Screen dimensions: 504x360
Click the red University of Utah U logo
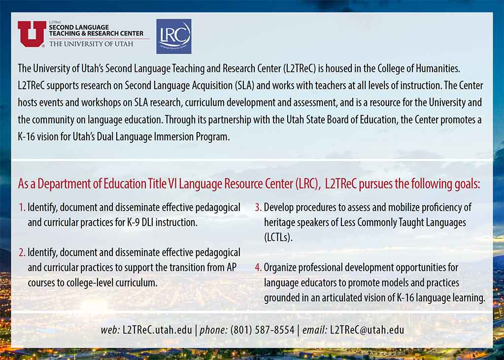32,34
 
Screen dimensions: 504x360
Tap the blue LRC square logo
173,36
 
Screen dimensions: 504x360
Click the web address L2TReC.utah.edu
158,330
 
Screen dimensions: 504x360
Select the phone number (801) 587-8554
262,330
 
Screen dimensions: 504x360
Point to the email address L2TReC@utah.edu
367,330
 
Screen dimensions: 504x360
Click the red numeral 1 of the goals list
22,208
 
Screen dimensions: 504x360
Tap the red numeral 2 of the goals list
22,253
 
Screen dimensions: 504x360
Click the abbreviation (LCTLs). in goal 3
278,238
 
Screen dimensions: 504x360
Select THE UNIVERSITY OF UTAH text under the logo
91,44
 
